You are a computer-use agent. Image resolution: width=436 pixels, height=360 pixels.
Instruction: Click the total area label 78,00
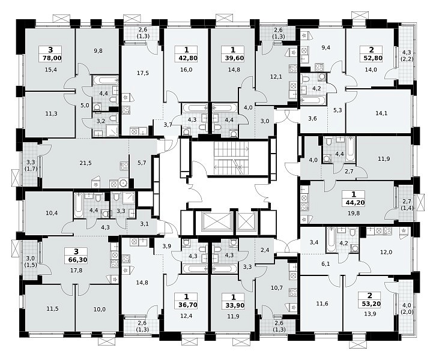(x=52, y=58)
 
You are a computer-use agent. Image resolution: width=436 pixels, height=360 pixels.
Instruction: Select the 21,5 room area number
(x=85, y=163)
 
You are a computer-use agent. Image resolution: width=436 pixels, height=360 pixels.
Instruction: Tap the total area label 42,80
(x=186, y=58)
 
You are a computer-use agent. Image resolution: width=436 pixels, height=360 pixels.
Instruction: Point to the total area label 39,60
(x=233, y=58)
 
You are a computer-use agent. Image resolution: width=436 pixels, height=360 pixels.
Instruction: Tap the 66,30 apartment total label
(x=76, y=260)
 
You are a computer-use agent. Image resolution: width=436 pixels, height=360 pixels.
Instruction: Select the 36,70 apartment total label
(x=186, y=305)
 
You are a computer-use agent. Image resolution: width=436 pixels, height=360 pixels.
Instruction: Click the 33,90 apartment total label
(x=233, y=305)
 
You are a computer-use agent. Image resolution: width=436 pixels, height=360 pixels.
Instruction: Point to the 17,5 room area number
(x=143, y=73)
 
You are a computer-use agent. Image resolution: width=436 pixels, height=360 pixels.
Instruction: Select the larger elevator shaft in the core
(x=216, y=222)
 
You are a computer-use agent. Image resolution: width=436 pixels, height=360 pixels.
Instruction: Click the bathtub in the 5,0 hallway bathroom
(x=105, y=81)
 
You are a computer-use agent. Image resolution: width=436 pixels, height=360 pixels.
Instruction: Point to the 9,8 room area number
(x=98, y=51)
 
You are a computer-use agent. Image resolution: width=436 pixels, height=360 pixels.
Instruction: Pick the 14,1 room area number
(x=381, y=113)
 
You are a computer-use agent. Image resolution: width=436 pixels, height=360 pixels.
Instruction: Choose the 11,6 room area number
(x=322, y=304)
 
